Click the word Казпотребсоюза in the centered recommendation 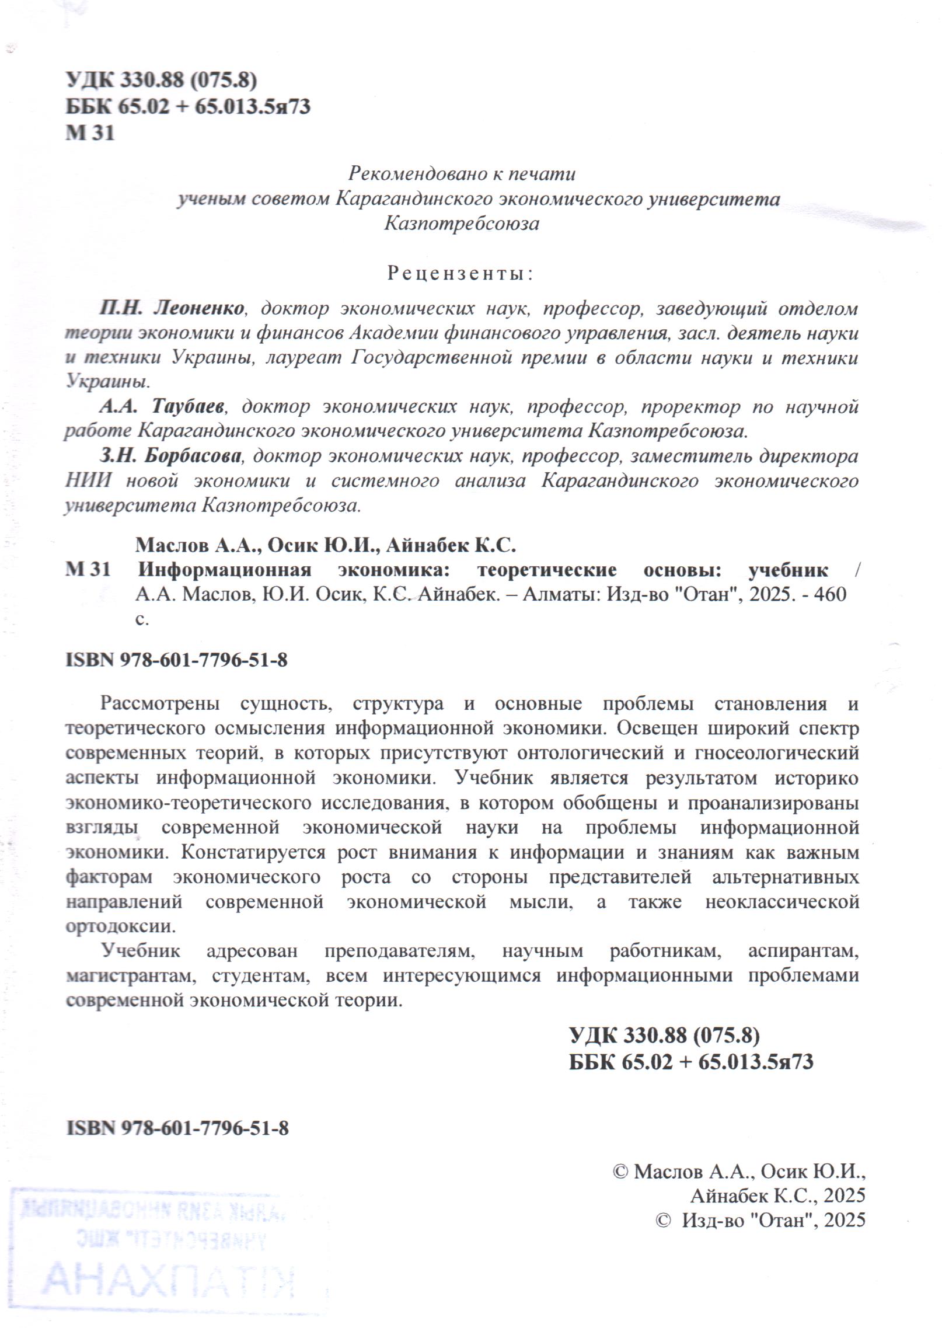pyautogui.click(x=461, y=224)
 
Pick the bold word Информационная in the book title pyautogui.click(x=225, y=569)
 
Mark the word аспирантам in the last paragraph pyautogui.click(x=803, y=951)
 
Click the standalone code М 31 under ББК pyautogui.click(x=90, y=133)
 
